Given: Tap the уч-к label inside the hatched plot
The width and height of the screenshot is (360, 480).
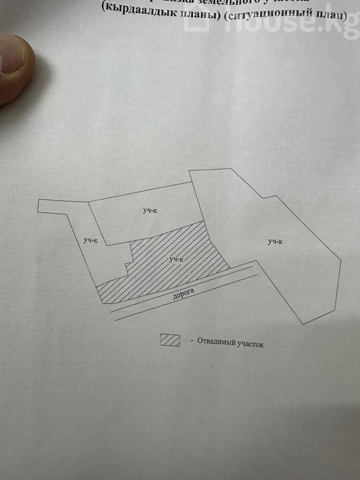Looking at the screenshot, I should (177, 259).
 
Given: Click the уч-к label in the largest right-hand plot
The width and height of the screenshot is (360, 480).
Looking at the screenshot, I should (275, 242).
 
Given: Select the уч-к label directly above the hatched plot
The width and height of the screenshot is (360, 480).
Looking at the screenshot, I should (149, 211).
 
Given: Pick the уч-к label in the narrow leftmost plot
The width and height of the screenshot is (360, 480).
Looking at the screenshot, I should (91, 241).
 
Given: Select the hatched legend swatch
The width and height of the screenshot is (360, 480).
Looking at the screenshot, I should (170, 340).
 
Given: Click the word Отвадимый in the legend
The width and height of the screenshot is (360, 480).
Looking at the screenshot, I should (217, 342).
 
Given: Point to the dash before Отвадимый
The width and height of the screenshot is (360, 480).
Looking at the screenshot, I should (191, 340).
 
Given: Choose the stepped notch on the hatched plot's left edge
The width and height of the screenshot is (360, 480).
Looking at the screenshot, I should (128, 265).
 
